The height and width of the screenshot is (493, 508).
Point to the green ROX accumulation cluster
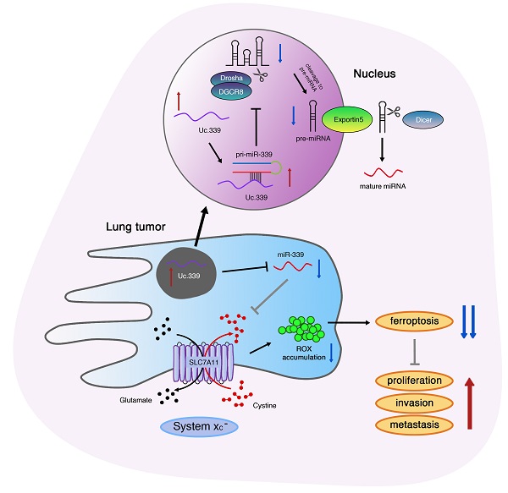pos(303,326)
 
